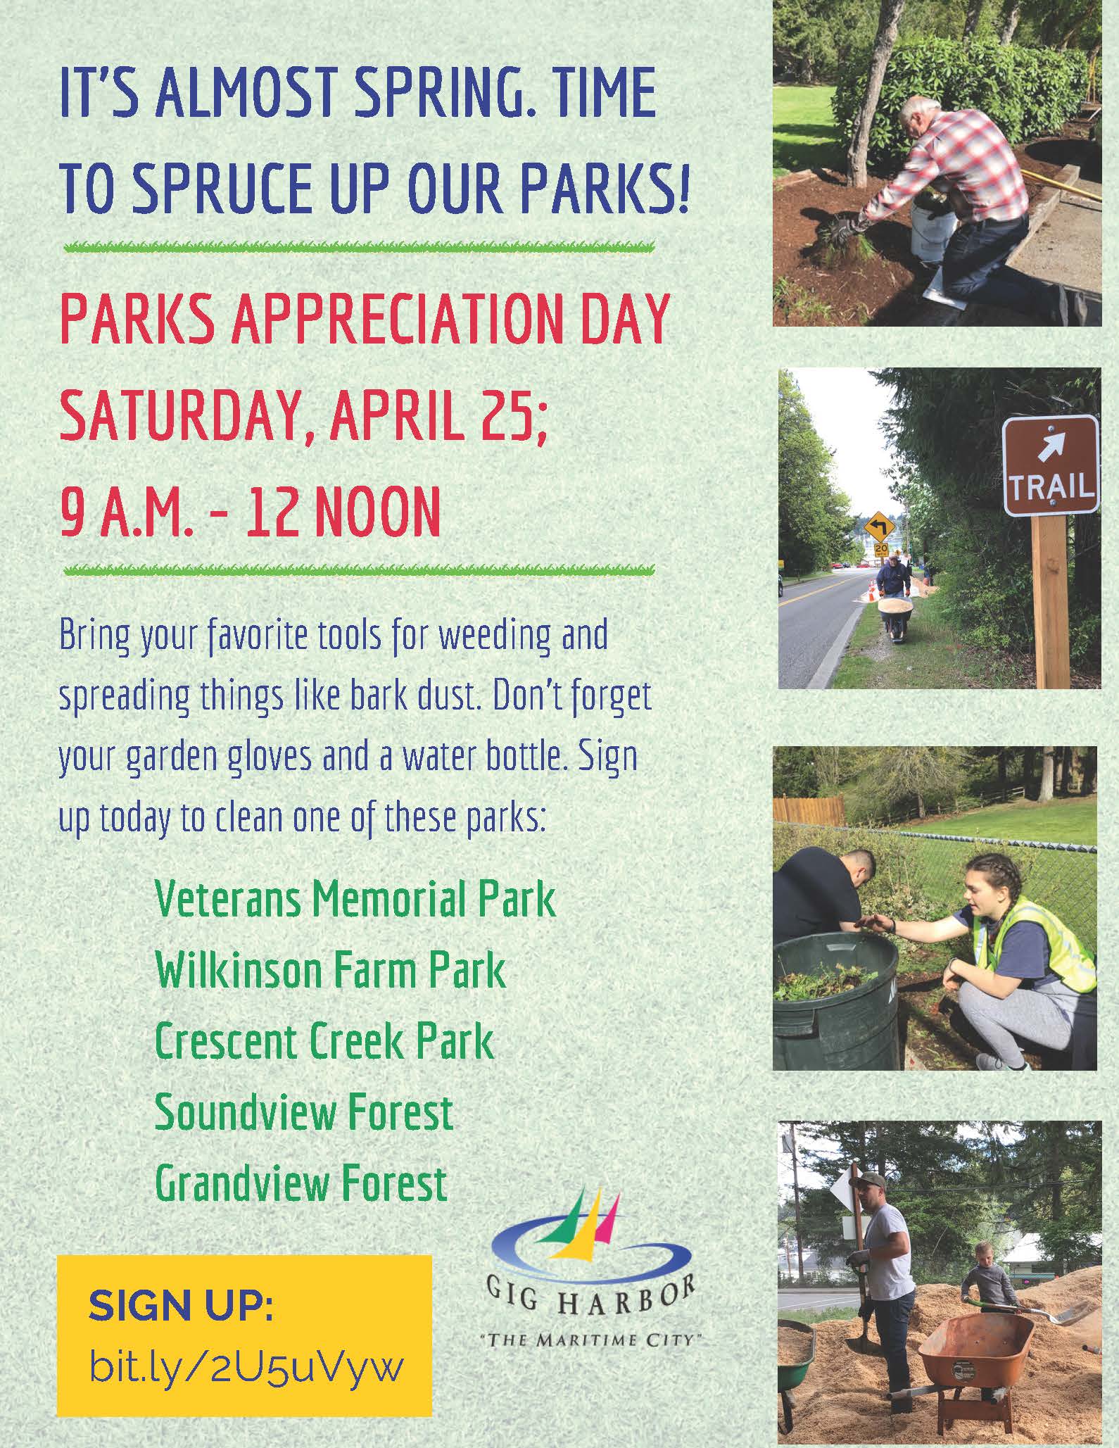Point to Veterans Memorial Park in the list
pos(355,899)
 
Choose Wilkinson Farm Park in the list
pos(330,970)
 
